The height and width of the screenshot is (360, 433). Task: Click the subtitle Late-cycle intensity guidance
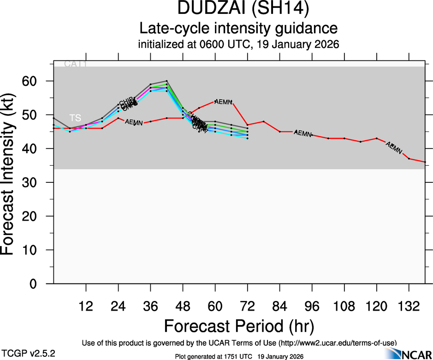238,29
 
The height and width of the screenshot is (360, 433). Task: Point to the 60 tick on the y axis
36,81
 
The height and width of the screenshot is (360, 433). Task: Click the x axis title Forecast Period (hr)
238,326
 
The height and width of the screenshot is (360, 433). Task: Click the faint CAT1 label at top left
75,64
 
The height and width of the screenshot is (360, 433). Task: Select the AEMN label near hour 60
223,102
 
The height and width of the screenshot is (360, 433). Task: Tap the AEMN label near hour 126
394,148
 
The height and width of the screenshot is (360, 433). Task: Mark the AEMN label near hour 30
134,123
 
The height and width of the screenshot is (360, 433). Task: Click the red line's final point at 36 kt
425,162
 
